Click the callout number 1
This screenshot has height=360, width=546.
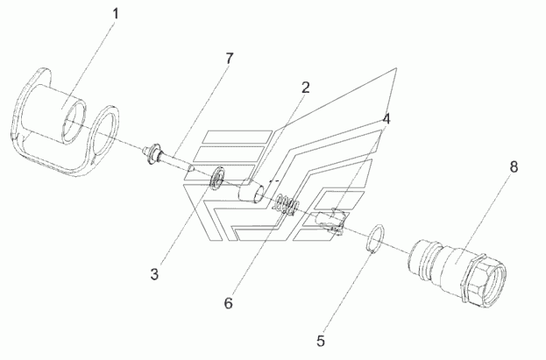(116, 14)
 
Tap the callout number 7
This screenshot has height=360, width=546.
(229, 59)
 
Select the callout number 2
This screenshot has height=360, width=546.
(305, 88)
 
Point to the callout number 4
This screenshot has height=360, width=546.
(386, 119)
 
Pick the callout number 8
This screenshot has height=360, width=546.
(514, 166)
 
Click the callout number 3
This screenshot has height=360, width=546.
(154, 274)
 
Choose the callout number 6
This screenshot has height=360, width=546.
(228, 303)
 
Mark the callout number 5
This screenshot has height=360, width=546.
(321, 341)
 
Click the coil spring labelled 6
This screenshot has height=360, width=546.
(286, 206)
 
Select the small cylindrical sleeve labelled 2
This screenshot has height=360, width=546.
(252, 190)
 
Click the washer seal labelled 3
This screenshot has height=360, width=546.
(217, 178)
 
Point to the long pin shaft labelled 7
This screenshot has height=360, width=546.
(174, 161)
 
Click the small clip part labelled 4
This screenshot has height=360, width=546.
(330, 220)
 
